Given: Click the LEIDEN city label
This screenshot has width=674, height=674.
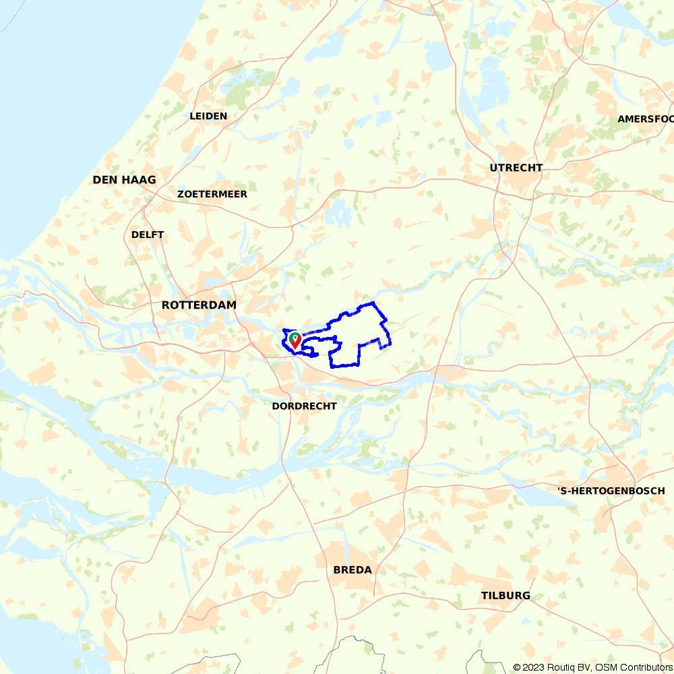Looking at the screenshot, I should click(208, 116).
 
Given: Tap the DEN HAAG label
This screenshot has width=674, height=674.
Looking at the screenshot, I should click(124, 180).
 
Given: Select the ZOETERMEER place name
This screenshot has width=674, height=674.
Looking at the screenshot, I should click(212, 194).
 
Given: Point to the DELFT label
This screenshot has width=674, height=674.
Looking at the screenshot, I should click(148, 235).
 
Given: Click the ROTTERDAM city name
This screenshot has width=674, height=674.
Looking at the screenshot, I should click(199, 305).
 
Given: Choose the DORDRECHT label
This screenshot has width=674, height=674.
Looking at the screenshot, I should click(304, 406).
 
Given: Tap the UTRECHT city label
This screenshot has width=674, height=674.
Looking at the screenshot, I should click(516, 168).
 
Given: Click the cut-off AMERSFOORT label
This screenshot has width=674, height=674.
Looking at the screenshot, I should click(645, 119).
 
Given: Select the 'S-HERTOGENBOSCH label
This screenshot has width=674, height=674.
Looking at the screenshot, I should click(611, 491).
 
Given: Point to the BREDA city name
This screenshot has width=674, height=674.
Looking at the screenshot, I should click(353, 570).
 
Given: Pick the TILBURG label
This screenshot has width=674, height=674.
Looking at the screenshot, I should click(506, 596).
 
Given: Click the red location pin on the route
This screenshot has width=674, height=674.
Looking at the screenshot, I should click(295, 340).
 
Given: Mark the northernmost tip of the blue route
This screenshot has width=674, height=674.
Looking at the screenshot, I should click(373, 303).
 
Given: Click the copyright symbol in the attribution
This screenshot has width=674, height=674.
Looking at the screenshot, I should click(517, 667).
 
